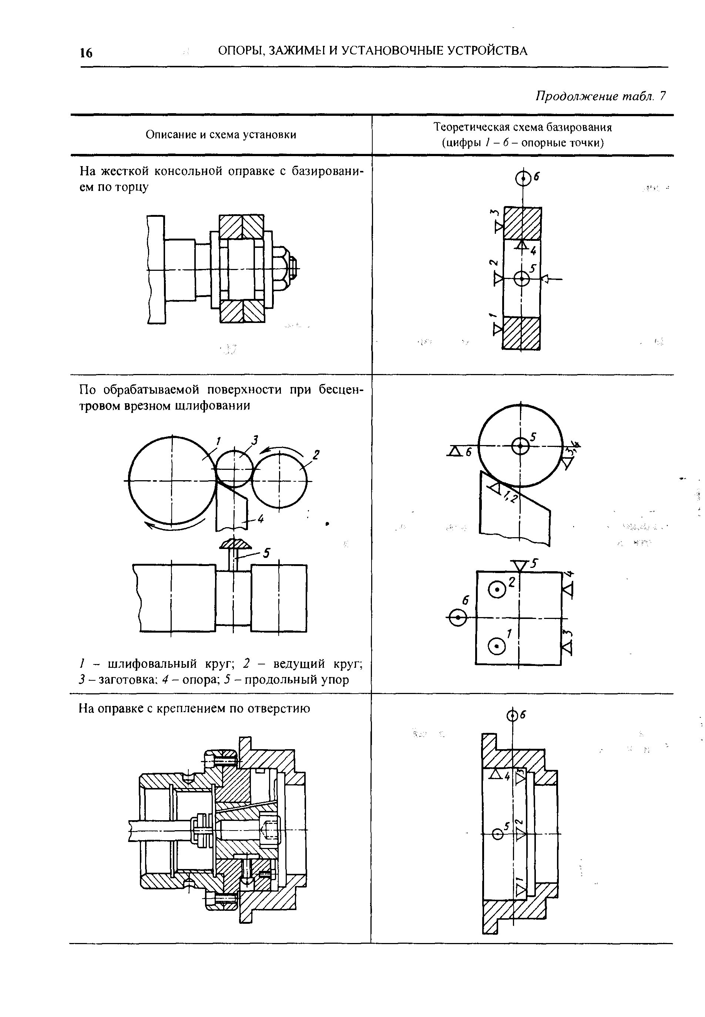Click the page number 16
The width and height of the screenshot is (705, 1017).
(87, 53)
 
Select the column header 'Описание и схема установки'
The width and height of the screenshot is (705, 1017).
(221, 135)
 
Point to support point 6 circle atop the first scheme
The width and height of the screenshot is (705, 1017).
(523, 179)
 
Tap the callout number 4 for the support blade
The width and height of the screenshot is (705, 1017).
(260, 520)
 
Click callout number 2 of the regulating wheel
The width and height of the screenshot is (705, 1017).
(316, 454)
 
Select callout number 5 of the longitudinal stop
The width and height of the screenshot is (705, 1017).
(266, 553)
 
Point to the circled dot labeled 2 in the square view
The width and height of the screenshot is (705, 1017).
(497, 590)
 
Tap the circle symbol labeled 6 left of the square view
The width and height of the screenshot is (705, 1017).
(458, 617)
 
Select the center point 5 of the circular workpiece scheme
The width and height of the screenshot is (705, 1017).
(521, 445)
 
